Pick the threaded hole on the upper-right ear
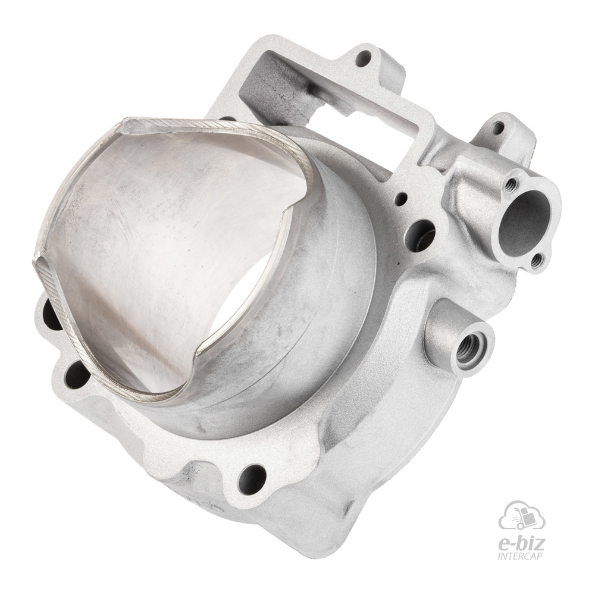click(498, 127)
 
